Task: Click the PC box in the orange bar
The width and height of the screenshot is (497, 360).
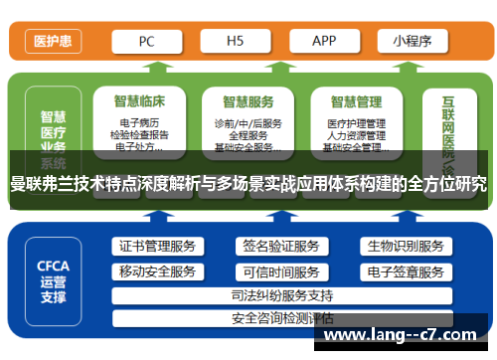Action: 147,42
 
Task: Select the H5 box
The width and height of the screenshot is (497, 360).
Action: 237,42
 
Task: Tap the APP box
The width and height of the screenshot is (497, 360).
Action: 324,42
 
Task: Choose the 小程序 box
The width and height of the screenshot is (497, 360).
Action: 412,42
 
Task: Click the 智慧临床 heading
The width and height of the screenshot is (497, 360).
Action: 138,100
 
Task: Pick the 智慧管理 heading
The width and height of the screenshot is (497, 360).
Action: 356,100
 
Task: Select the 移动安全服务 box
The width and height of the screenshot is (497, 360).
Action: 157,271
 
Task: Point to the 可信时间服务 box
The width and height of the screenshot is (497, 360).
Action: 280,271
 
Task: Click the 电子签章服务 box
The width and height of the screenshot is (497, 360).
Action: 405,271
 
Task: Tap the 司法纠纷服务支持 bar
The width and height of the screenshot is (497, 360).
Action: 281,295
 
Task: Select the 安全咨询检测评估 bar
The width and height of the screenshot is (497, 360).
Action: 281,318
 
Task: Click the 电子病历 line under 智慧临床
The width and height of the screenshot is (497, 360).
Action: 138,123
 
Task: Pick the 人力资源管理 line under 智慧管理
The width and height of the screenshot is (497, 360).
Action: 356,135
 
